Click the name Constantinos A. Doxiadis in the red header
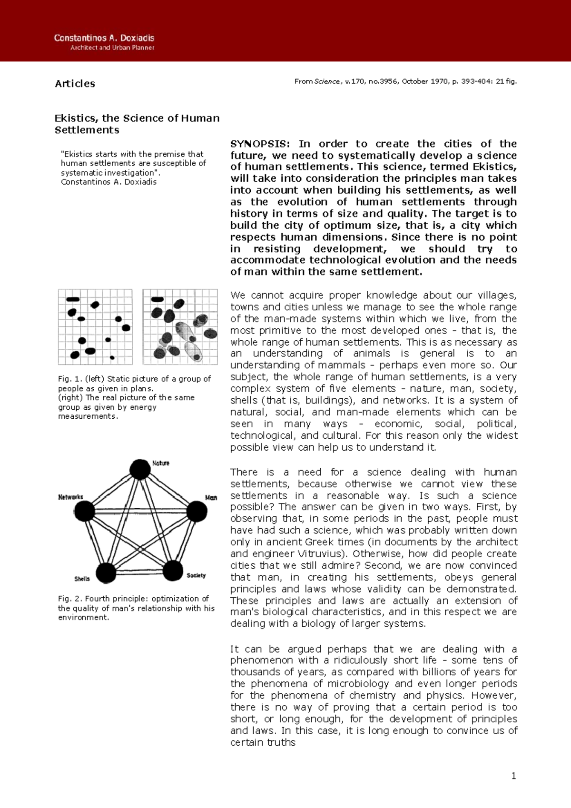coord(104,38)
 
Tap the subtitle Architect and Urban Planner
coord(112,48)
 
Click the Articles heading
coord(75,84)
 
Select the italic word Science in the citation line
coord(326,81)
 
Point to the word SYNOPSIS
coord(259,144)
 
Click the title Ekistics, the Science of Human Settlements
coord(137,124)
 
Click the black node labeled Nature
coord(140,470)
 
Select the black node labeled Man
coord(197,512)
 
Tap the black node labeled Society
coord(173,570)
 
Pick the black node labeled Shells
coord(106,573)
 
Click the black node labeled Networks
coord(85,511)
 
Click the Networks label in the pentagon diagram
coord(70,497)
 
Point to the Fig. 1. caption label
coord(70,379)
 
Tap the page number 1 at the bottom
coord(513,776)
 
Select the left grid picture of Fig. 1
coord(95,326)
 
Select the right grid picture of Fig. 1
coord(180,326)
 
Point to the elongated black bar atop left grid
coord(73,299)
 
